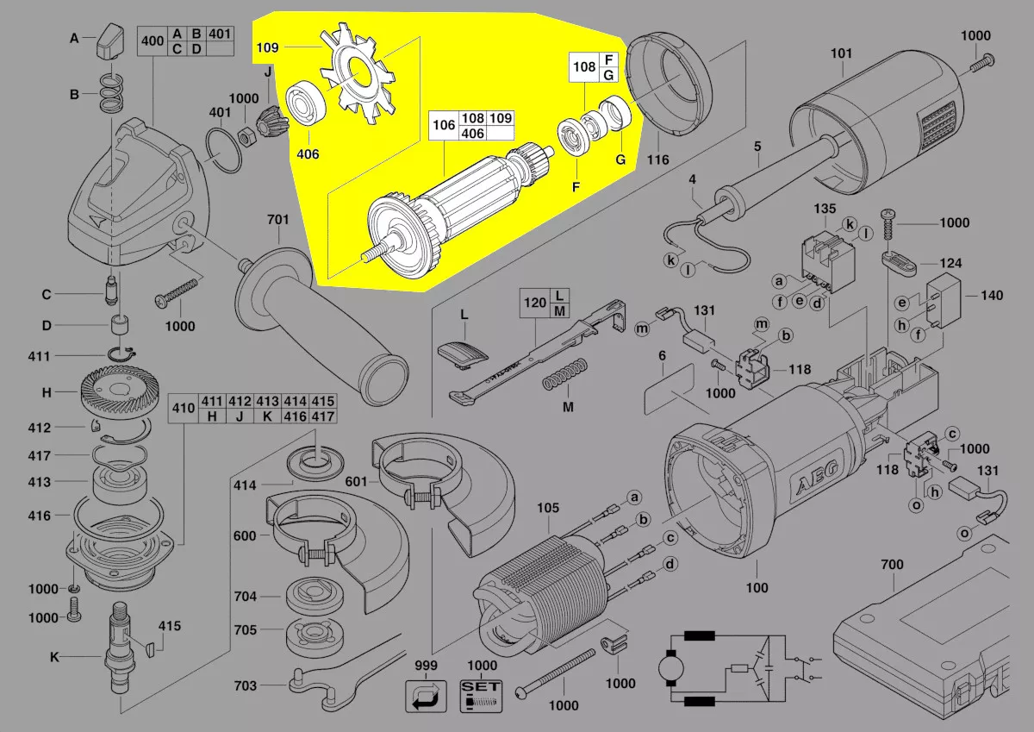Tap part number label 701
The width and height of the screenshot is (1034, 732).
pyautogui.click(x=277, y=221)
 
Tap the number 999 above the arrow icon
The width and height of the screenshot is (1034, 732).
pyautogui.click(x=426, y=666)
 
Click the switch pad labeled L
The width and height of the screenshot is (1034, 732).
pyautogui.click(x=463, y=352)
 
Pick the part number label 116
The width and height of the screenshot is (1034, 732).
pyautogui.click(x=658, y=160)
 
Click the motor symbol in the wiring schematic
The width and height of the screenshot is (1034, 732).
pyautogui.click(x=669, y=669)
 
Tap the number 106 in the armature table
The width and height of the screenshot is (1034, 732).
pyautogui.click(x=443, y=125)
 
